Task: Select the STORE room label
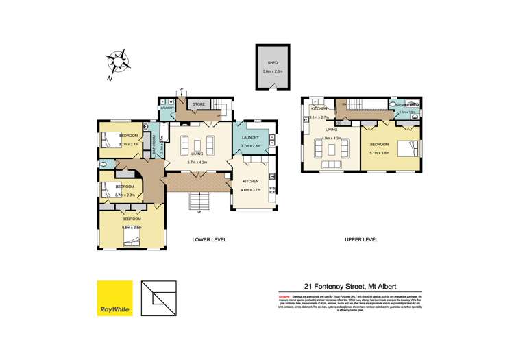(x=198, y=104)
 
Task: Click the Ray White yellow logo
(x=114, y=300)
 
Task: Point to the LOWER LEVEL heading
(x=209, y=239)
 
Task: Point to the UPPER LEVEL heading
(x=361, y=239)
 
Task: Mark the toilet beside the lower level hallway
(x=103, y=165)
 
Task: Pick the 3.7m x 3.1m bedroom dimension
(x=128, y=145)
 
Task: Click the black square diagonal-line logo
(x=158, y=300)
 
